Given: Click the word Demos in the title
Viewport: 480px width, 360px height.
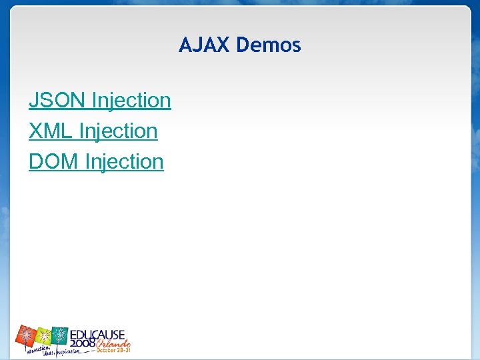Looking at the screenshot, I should [269, 45].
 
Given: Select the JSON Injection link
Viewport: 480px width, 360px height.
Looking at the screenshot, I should [100, 101].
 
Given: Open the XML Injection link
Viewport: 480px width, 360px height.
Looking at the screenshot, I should [93, 131].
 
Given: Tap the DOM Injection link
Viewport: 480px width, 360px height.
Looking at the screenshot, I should [96, 162].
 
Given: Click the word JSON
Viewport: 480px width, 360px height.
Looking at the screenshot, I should [57, 101].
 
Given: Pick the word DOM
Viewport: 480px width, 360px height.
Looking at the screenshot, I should [53, 162].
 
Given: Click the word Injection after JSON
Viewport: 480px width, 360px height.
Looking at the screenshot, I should [131, 101].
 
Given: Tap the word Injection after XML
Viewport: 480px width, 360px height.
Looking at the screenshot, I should [118, 131].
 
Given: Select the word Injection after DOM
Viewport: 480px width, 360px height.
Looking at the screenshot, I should [125, 162].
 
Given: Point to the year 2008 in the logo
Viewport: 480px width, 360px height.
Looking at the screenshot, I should [83, 342].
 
